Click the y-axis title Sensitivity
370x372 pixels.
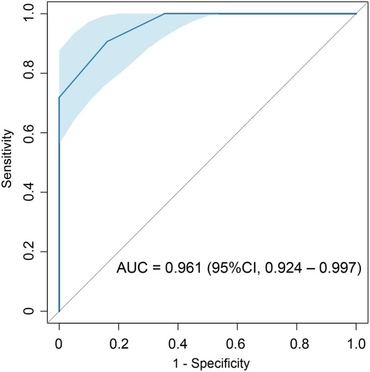click(x=8, y=162)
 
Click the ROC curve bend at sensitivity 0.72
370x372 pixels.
click(x=59, y=97)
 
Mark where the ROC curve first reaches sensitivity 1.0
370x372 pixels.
click(x=165, y=13)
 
